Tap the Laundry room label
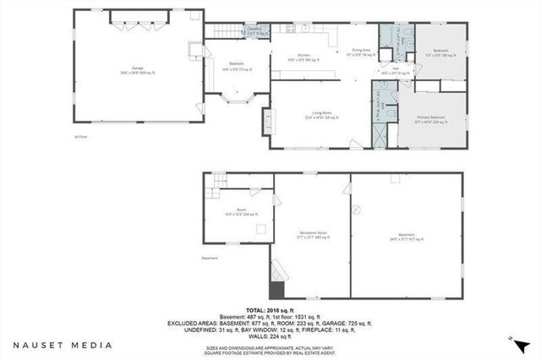254,30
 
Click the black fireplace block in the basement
276,289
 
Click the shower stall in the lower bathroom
379,134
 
